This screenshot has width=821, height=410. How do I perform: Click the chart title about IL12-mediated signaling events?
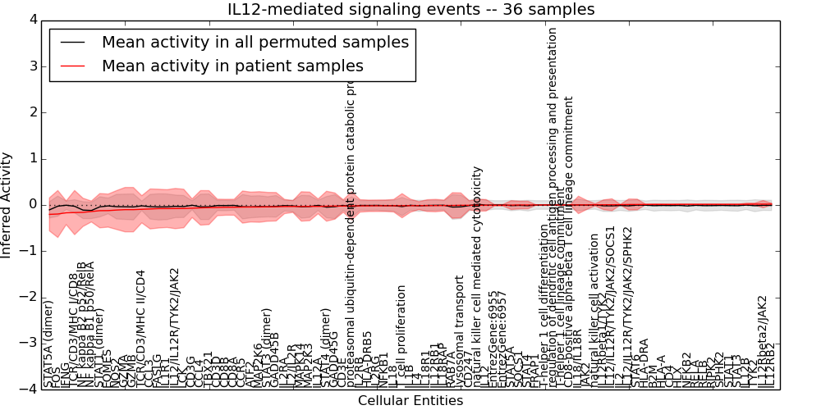click(410, 10)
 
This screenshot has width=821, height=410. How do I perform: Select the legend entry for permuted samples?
click(254, 42)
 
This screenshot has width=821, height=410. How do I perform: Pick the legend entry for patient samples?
click(232, 66)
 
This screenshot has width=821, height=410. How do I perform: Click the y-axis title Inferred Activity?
click(7, 205)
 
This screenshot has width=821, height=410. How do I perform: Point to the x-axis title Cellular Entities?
click(410, 401)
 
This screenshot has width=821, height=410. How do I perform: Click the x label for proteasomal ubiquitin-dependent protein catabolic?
click(351, 238)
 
